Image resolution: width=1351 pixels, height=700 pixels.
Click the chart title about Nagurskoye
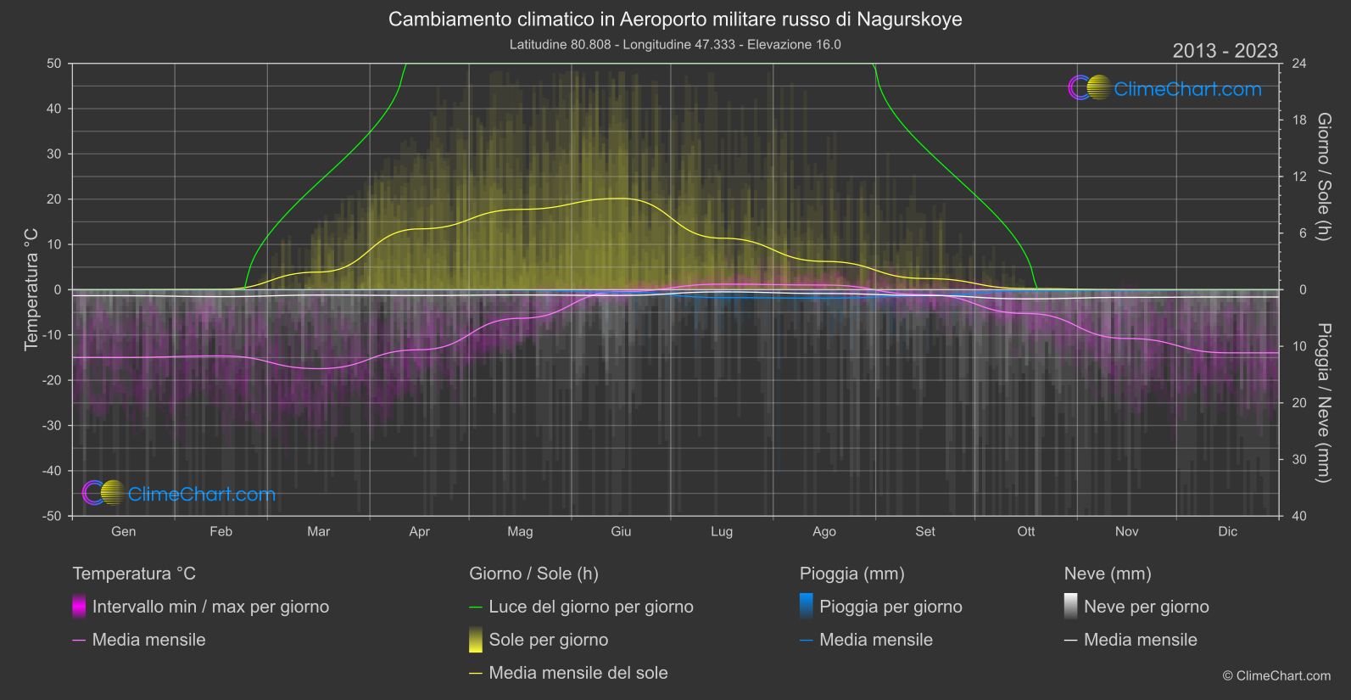[x=675, y=20]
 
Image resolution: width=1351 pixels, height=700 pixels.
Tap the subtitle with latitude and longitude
[x=675, y=44]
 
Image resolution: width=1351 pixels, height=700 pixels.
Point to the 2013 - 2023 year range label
[x=1225, y=51]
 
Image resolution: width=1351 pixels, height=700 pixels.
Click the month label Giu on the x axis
[x=621, y=531]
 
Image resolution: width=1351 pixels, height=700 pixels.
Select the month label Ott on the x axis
[x=1026, y=531]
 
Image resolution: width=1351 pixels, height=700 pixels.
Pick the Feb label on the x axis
[x=221, y=531]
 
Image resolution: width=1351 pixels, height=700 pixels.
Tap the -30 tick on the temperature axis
[x=53, y=426]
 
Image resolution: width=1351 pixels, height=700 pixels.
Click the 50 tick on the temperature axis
[x=54, y=64]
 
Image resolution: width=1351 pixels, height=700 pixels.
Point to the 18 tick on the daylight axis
[x=1299, y=120]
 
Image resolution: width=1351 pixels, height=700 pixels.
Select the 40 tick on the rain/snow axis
[x=1299, y=516]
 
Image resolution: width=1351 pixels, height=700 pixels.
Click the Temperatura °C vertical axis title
[x=31, y=288]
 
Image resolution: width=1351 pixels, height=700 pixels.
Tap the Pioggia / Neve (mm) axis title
[x=1324, y=403]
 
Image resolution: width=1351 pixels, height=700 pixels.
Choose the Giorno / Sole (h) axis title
[x=1324, y=176]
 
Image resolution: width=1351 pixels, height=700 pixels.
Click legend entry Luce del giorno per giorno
[x=590, y=607]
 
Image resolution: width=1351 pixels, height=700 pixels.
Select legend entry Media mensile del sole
[x=578, y=673]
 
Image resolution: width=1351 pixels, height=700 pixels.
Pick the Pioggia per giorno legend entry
[x=890, y=607]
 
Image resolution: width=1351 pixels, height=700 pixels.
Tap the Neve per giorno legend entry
[x=1146, y=607]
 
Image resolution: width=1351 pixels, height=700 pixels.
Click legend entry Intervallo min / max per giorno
[x=210, y=607]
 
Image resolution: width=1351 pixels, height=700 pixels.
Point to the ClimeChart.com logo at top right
[x=1165, y=88]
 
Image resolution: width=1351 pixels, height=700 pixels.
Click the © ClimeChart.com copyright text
[x=1276, y=675]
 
